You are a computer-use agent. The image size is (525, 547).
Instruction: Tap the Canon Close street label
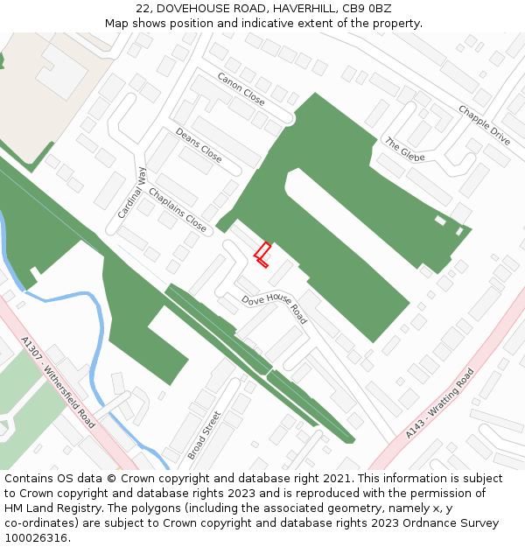(x=241, y=88)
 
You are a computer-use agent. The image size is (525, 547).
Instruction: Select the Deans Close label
(x=199, y=145)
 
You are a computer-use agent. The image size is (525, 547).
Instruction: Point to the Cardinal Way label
(x=132, y=193)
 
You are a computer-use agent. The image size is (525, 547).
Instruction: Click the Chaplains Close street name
(x=178, y=210)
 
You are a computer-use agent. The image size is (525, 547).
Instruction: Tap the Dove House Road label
(x=275, y=308)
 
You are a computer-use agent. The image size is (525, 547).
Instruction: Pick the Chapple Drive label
(x=484, y=124)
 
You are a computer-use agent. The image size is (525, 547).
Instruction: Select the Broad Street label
(x=204, y=435)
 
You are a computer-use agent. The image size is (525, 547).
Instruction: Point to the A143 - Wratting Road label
(x=440, y=403)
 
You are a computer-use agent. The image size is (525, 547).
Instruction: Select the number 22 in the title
(x=143, y=8)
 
